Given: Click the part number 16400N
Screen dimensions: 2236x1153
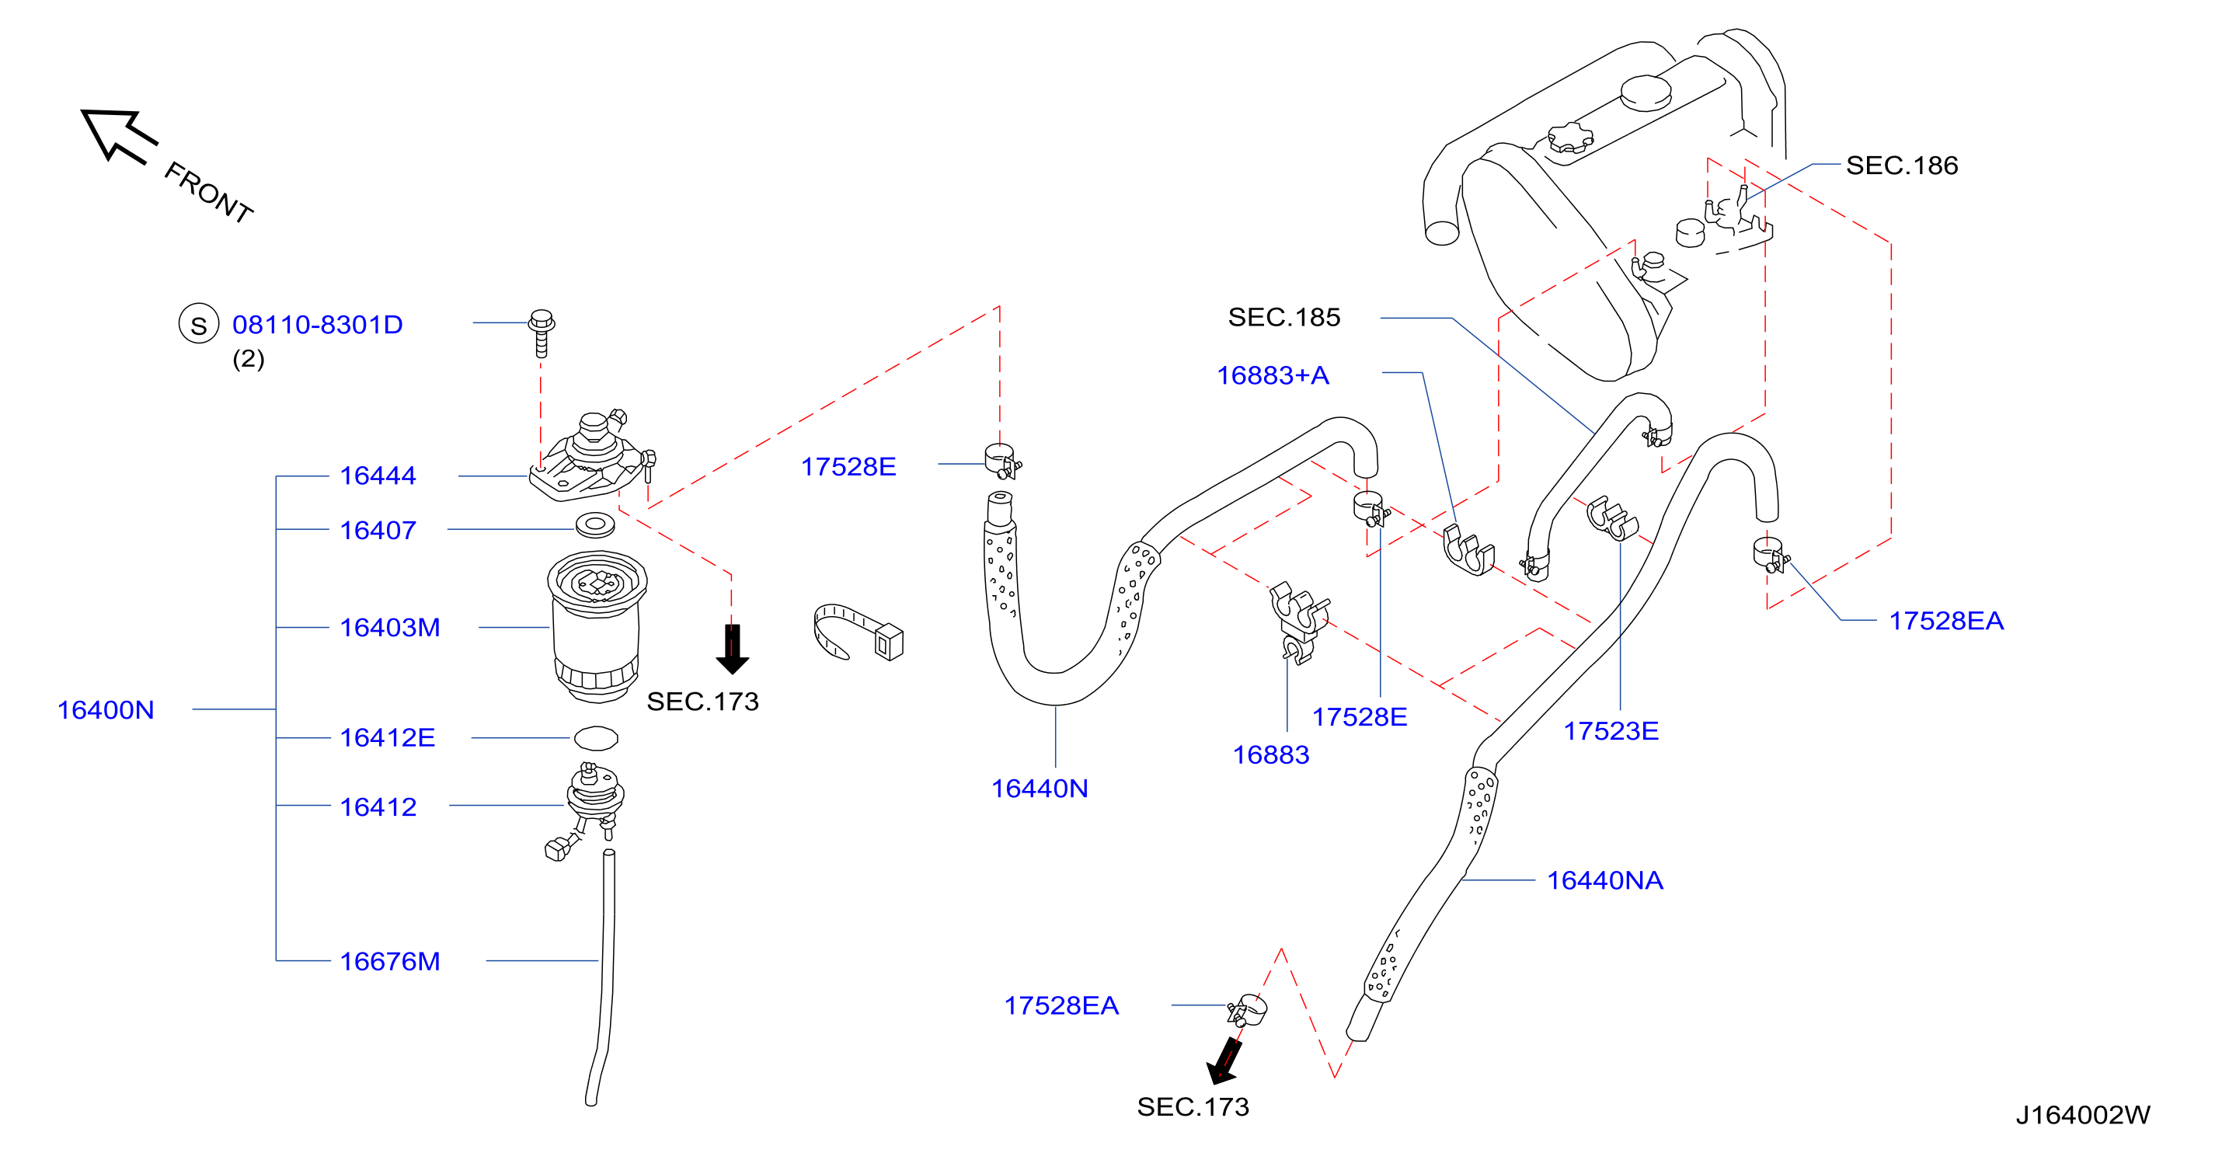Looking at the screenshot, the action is pyautogui.click(x=105, y=710).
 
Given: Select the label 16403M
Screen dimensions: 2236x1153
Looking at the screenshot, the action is pyautogui.click(x=390, y=628).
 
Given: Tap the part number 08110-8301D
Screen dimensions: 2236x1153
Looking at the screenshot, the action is pyautogui.click(x=318, y=325).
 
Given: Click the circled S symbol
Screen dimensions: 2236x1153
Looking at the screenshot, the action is pyautogui.click(x=199, y=325).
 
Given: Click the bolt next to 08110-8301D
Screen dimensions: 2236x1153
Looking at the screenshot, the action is pyautogui.click(x=542, y=333).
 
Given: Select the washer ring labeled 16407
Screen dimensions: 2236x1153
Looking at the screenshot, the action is pyautogui.click(x=595, y=524).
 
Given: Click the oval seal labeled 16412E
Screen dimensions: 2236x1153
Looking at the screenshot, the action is pyautogui.click(x=597, y=739).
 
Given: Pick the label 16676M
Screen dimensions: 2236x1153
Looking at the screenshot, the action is pyautogui.click(x=390, y=962).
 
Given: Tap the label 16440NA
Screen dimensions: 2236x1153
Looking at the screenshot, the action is pyautogui.click(x=1605, y=881).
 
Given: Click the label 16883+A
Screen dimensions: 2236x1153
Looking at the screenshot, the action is pyautogui.click(x=1273, y=376).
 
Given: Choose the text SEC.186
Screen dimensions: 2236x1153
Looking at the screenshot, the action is pyautogui.click(x=1902, y=165).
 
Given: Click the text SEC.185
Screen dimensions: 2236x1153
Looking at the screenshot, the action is pyautogui.click(x=1283, y=318).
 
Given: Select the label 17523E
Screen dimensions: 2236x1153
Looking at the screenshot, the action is pyautogui.click(x=1611, y=732).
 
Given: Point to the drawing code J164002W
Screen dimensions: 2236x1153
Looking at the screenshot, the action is pyautogui.click(x=2083, y=1116).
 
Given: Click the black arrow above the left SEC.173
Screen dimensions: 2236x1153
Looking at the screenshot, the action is pyautogui.click(x=733, y=650).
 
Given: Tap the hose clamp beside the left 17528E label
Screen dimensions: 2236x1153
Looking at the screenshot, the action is pyautogui.click(x=1002, y=462).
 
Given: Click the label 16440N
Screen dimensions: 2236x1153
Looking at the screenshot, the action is pyautogui.click(x=1040, y=789).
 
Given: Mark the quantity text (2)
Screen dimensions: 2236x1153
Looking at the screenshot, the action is pyautogui.click(x=249, y=360).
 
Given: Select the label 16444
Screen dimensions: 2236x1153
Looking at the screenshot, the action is pyautogui.click(x=378, y=476).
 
